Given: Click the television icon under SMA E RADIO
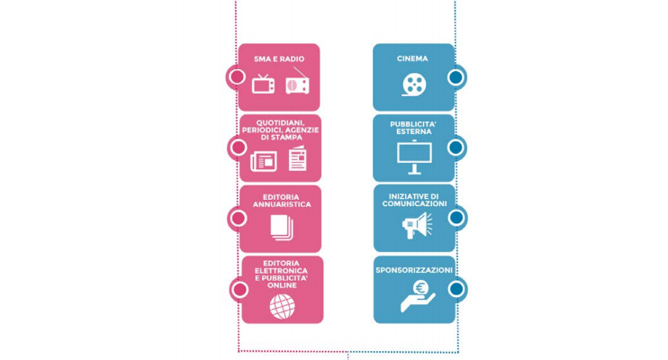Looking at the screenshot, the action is (263, 84).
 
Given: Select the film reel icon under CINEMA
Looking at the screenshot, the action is (413, 85).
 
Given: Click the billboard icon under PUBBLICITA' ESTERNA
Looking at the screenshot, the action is (414, 157).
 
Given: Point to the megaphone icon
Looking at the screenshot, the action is (417, 225).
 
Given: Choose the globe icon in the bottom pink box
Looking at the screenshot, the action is (282, 306).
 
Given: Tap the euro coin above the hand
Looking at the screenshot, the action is (421, 288).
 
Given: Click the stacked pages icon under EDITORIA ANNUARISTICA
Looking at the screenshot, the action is (282, 227).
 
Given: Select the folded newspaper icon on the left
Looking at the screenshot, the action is (264, 161).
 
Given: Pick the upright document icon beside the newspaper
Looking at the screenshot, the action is (297, 158).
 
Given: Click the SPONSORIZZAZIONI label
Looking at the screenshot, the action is (414, 270).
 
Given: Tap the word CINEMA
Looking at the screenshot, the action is (412, 58).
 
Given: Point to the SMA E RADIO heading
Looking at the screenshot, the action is (279, 59).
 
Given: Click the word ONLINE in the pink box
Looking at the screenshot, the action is (282, 285).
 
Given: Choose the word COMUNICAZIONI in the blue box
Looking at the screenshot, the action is (414, 203).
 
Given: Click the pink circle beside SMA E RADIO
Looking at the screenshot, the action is (237, 77).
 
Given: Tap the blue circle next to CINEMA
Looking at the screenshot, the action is (456, 77).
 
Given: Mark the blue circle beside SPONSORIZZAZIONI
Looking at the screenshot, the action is (456, 289).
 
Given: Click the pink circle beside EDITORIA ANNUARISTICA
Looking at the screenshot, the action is (239, 218).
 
